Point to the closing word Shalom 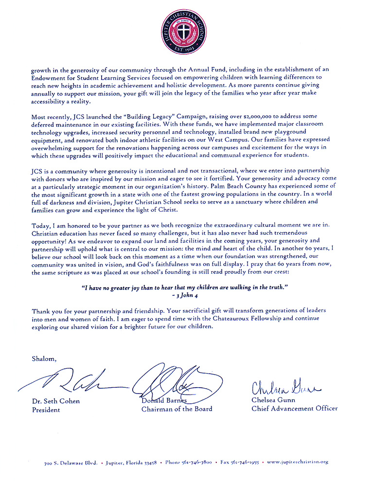(44, 359)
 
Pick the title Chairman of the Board (177, 409)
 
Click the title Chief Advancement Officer (294, 409)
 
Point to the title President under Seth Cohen (46, 410)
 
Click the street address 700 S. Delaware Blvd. (70, 462)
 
